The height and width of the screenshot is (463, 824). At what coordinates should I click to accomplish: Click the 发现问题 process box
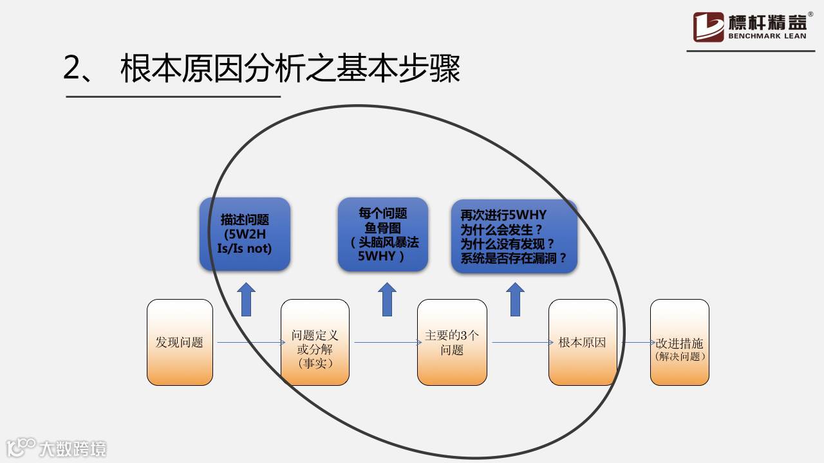(x=180, y=342)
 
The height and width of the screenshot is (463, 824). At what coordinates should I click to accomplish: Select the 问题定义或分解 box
(x=315, y=342)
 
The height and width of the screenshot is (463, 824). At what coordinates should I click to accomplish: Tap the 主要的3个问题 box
(x=452, y=342)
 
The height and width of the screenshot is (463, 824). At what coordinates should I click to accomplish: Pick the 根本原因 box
(x=583, y=342)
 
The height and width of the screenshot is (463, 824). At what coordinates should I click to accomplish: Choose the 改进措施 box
(x=680, y=342)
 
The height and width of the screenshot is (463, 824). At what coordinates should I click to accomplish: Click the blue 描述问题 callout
(x=245, y=233)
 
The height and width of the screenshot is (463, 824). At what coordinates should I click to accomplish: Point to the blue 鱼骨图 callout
(x=383, y=233)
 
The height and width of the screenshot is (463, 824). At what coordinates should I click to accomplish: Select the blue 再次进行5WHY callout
(x=514, y=236)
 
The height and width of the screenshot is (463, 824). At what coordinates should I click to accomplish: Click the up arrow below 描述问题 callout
(x=246, y=300)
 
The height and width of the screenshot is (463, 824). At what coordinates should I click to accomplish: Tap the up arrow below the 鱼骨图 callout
(x=387, y=300)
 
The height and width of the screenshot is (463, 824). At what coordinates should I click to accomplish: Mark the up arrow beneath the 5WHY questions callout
(x=515, y=300)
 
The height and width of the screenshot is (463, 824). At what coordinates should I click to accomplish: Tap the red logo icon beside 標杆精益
(x=708, y=27)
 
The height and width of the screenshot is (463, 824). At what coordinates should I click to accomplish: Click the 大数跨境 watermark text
(x=72, y=448)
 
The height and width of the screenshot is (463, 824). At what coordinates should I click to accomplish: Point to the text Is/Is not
(x=245, y=248)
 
